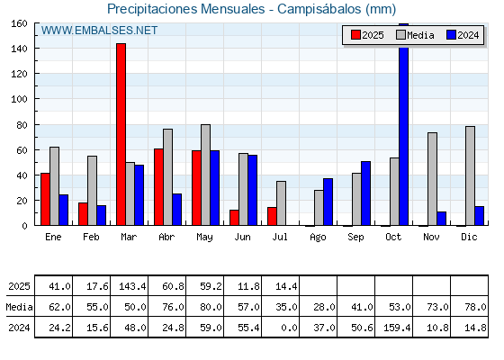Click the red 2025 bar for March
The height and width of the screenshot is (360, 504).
point(121,134)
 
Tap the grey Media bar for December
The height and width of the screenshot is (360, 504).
point(470,175)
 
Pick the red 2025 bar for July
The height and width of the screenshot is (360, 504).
point(272,216)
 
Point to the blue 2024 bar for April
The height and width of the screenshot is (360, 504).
point(176,210)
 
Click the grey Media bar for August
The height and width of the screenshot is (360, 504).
point(319,208)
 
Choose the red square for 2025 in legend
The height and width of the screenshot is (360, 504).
point(355,35)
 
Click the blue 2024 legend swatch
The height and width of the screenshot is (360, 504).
point(451,35)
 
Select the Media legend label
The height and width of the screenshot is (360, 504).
point(420,35)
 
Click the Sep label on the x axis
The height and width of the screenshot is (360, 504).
point(355,238)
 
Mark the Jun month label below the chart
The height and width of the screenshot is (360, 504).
point(242,237)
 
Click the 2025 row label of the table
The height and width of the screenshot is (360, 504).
point(19,286)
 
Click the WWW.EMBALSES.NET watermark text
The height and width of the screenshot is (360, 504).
point(99,31)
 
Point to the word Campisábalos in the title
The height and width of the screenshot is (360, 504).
point(319,9)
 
